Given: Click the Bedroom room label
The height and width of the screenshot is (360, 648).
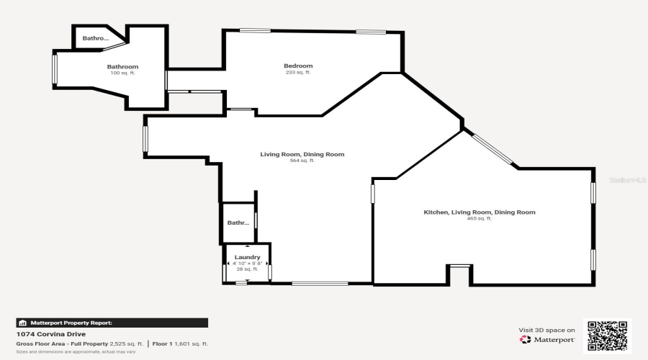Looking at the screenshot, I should point(298,66).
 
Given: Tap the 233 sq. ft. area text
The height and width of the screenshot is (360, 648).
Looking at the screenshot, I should point(298,73).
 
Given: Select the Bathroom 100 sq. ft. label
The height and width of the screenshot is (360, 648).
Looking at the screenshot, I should point(122,67).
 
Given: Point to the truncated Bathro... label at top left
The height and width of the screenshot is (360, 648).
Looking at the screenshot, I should point(95,38).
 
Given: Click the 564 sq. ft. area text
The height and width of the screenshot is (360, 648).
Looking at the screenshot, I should point(302,161).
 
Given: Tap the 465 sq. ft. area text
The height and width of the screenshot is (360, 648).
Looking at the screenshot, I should point(479,219).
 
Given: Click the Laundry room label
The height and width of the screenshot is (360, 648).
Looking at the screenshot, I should point(247,257).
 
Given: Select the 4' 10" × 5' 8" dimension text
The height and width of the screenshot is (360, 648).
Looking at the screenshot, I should point(247,264).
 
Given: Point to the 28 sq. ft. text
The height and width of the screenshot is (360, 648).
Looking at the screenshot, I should point(247,270).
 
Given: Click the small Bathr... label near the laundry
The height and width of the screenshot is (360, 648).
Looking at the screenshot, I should point(238,223).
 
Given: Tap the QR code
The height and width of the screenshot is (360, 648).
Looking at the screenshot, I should point(607,336).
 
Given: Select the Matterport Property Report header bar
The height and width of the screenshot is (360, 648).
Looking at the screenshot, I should point(112,323).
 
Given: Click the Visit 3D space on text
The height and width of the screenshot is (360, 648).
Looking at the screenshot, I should point(546,330).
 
